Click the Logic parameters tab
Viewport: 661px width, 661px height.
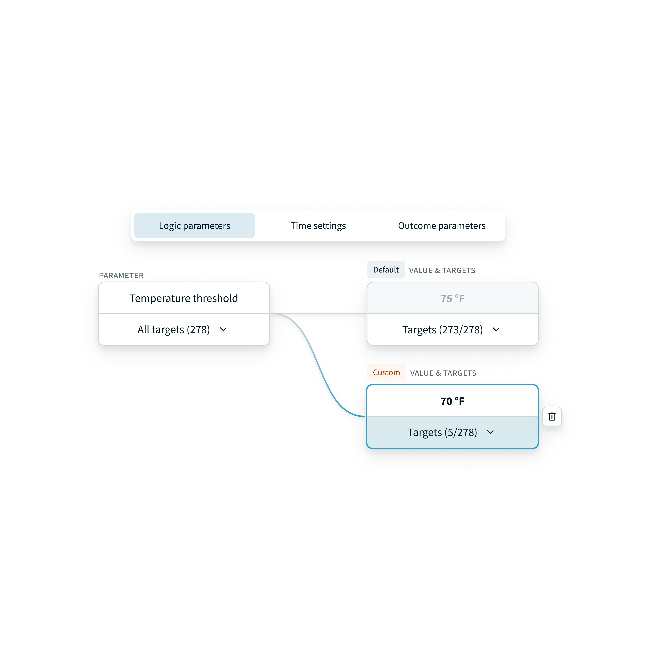194,226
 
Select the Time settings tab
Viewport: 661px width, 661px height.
318,226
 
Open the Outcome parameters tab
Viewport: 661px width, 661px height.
442,226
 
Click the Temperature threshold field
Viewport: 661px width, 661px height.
184,298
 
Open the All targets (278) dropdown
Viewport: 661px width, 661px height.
184,329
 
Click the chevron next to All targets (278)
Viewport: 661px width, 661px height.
223,329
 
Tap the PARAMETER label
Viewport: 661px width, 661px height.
121,275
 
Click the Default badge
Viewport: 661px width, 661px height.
386,270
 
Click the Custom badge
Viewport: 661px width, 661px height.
386,372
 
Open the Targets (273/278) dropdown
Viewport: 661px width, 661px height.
452,329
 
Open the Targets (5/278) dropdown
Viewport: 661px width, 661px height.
452,432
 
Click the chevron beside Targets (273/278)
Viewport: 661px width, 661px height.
496,329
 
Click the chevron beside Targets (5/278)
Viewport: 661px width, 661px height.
490,432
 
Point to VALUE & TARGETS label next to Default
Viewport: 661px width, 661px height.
442,270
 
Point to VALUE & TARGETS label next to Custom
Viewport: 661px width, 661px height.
443,373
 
